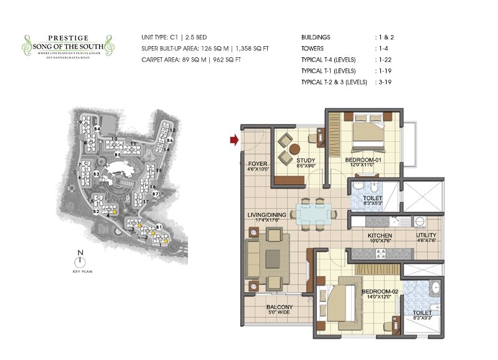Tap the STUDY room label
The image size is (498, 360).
coord(303,160)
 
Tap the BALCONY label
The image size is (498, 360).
coord(280,307)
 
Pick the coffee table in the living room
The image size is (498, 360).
coord(273,258)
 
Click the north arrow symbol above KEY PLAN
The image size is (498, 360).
coord(80,262)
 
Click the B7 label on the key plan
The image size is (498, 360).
coord(156,194)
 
